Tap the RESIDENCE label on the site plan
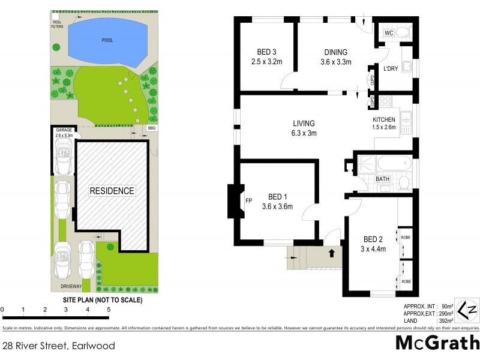click(x=112, y=191)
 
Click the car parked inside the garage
click(x=62, y=157)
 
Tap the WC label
click(x=388, y=32)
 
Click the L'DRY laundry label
click(x=391, y=69)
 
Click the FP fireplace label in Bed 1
click(x=248, y=202)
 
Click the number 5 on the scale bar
click(x=109, y=310)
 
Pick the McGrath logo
click(x=437, y=343)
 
